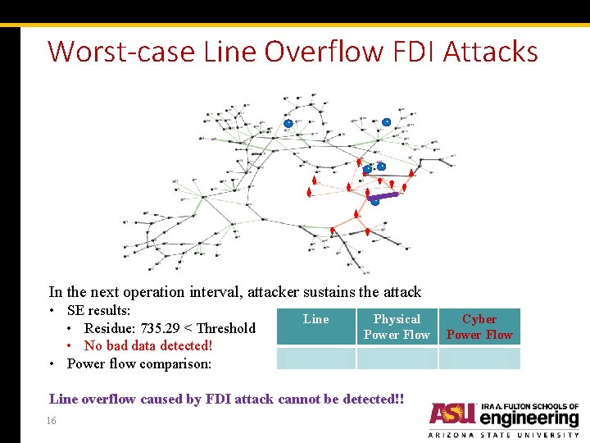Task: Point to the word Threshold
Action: point(226,328)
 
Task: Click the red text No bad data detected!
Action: point(148,345)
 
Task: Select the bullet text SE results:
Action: point(98,310)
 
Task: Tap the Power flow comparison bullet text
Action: point(139,363)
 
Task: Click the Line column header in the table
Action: point(315,319)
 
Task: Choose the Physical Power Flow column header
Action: point(397,327)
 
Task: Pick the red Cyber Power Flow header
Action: point(479,327)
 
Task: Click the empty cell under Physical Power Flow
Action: point(397,359)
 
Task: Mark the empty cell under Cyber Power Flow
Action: point(479,359)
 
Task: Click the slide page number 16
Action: point(52,420)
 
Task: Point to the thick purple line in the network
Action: point(383,196)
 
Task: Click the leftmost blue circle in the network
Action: point(288,123)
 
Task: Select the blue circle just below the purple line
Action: point(375,202)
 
